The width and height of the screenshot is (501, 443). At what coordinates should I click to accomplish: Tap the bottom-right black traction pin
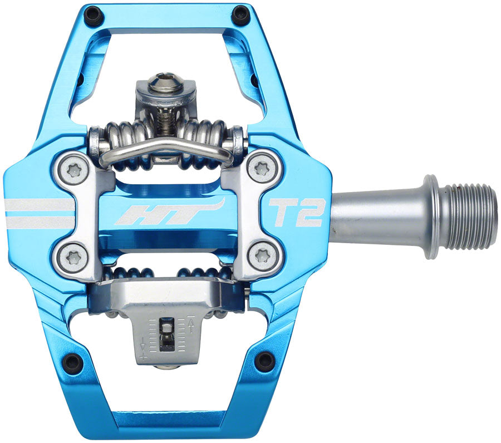[x=264, y=362]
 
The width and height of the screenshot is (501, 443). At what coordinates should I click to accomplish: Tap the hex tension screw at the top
[x=165, y=82]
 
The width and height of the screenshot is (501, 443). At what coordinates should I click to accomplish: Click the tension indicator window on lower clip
[x=165, y=334]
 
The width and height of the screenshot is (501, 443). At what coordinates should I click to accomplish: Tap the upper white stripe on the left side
[x=39, y=205]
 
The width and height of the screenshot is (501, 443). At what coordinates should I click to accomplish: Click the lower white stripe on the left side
[x=39, y=222]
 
